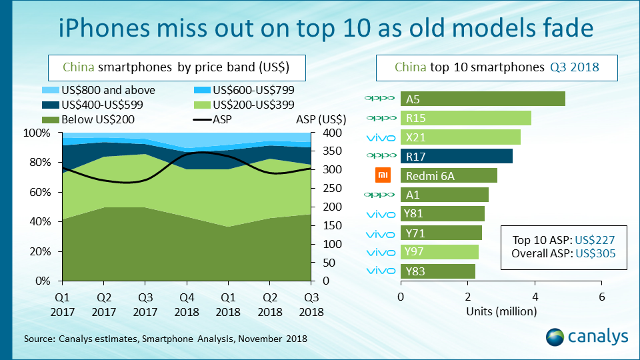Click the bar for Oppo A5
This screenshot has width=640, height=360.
[x=483, y=99]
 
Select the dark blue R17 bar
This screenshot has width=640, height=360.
[x=456, y=157]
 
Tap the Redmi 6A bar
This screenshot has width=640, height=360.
[x=449, y=176]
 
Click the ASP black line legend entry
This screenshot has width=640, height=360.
[x=214, y=120]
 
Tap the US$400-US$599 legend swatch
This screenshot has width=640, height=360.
[x=52, y=105]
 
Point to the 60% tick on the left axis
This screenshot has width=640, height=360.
[x=41, y=192]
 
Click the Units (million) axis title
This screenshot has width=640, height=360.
[x=501, y=311]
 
